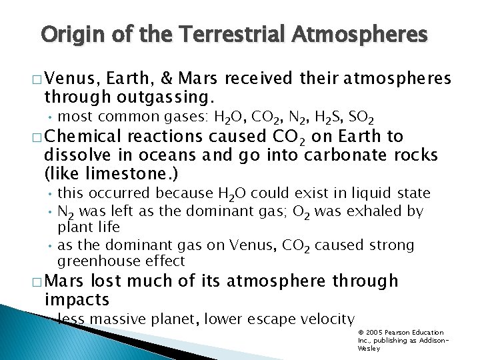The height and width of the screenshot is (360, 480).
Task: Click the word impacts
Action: pos(77,299)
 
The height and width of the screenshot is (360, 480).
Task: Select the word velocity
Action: pos(325,319)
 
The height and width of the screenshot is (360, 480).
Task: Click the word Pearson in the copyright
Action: pos(403,332)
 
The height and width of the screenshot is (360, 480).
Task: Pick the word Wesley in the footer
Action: pos(369,348)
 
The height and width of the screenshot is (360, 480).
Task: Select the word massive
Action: pos(115,319)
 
